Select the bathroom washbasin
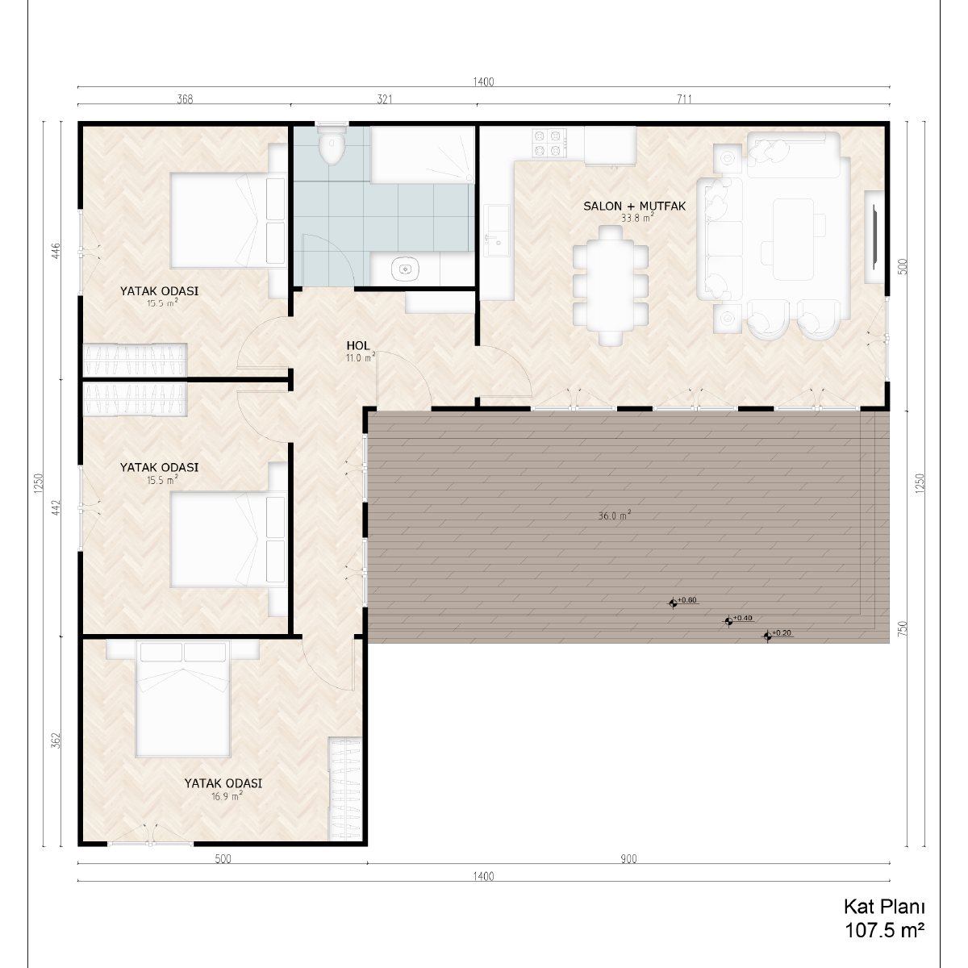(406, 269)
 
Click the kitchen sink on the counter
(496, 235)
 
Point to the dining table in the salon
(611, 285)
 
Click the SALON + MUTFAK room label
(635, 206)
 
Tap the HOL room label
(358, 345)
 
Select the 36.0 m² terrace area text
(615, 515)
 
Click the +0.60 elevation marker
(673, 603)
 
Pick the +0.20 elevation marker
(767, 636)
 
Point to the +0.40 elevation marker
(728, 621)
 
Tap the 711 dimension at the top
(684, 99)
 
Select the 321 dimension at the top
(384, 99)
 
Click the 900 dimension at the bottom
(628, 859)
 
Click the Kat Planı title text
(883, 907)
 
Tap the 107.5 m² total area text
(885, 931)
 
